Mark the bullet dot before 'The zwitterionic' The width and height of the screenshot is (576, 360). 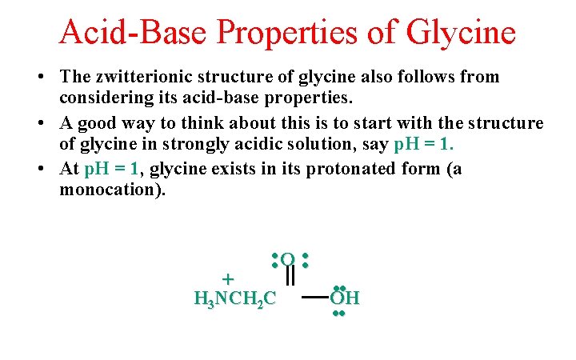39,78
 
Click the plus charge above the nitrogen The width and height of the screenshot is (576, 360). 227,279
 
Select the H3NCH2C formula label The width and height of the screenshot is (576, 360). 235,299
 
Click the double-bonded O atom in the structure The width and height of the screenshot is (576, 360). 288,259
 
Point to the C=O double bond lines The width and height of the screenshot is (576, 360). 291,277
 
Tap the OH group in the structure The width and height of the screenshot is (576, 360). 345,299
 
